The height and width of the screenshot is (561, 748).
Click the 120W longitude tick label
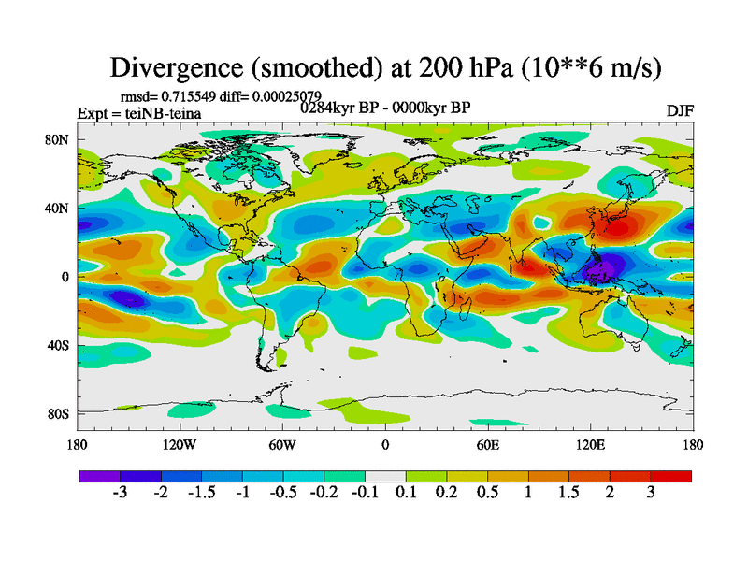[180, 444]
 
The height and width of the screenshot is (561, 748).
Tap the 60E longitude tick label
[488, 444]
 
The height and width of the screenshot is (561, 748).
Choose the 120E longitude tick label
[590, 444]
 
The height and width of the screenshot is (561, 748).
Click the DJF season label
[680, 110]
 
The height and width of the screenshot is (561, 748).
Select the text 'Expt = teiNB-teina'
[139, 114]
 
